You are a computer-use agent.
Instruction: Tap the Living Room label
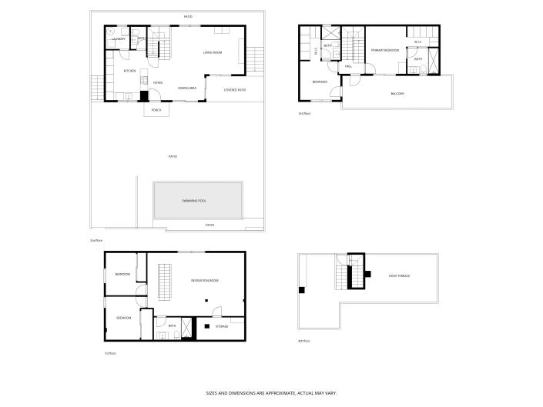[213, 52]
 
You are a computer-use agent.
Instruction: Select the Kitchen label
[130, 71]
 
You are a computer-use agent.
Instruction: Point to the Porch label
[156, 110]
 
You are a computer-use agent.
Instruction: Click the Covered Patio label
[235, 90]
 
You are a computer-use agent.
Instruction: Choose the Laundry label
[119, 38]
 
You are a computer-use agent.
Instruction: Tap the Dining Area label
[187, 88]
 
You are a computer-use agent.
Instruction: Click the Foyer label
[157, 82]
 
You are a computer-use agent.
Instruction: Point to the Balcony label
[397, 94]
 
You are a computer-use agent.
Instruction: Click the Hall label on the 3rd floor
[349, 67]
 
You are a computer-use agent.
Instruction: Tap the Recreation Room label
[205, 281]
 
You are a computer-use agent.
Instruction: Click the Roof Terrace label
[400, 275]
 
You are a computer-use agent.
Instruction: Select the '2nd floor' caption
[96, 241]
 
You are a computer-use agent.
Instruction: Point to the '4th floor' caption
[304, 341]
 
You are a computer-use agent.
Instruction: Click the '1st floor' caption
[110, 353]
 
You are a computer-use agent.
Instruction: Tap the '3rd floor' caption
[304, 113]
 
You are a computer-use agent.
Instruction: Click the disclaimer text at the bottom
[271, 393]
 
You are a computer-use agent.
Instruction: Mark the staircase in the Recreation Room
[163, 282]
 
